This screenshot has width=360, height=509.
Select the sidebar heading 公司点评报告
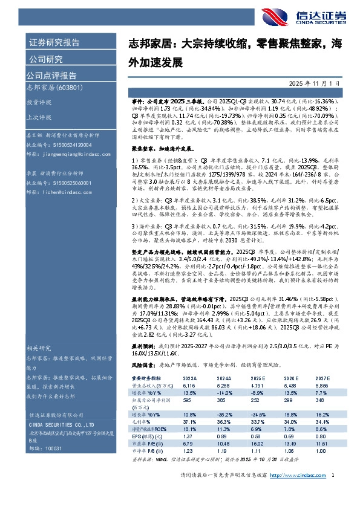click(x=51, y=76)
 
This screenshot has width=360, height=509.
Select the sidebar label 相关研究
click(x=37, y=348)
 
